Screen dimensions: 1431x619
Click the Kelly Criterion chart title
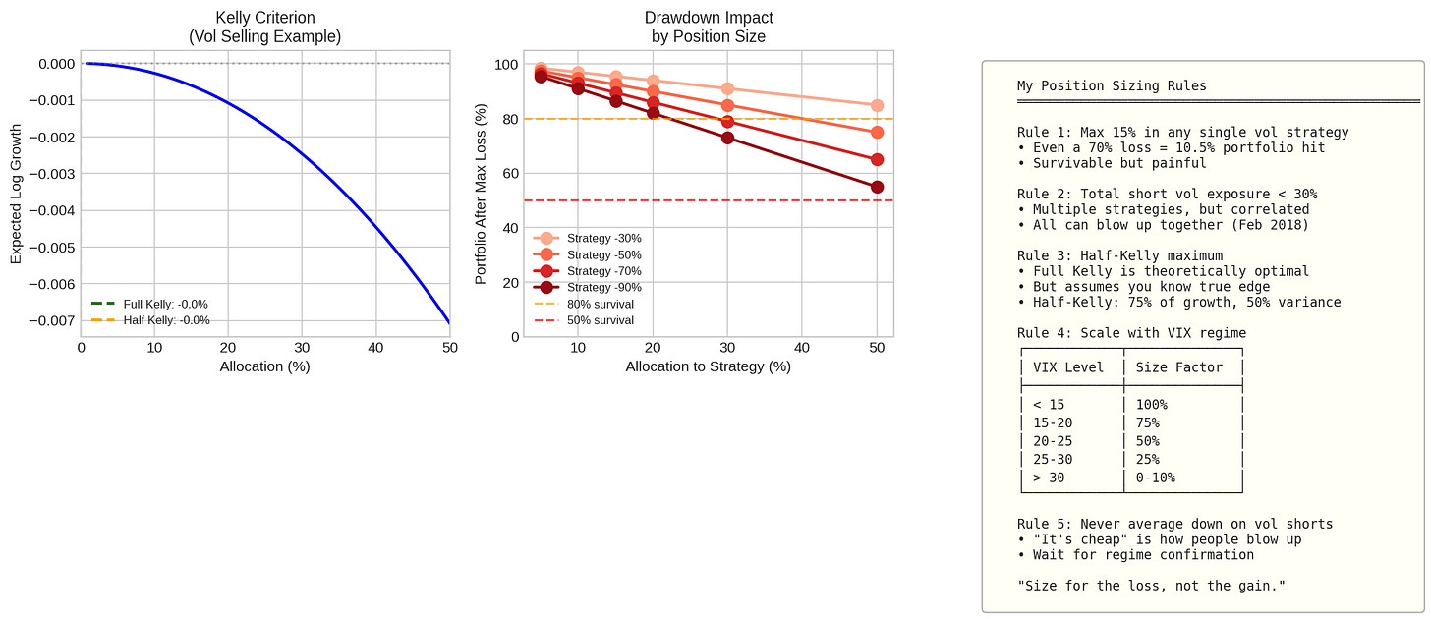click(264, 27)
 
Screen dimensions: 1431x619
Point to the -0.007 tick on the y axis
click(52, 320)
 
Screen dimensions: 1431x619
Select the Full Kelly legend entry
click(149, 304)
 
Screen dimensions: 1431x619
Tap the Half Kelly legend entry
click(150, 320)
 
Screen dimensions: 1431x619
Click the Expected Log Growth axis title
click(16, 194)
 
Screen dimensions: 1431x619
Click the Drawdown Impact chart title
click(709, 27)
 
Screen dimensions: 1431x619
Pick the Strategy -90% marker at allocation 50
click(877, 187)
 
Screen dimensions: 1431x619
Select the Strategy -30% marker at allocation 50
click(877, 105)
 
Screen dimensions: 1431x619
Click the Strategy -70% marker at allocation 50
click(877, 160)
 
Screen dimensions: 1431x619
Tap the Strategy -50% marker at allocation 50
click(877, 133)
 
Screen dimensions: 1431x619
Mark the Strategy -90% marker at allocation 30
click(727, 138)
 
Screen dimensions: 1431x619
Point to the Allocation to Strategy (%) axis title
click(708, 366)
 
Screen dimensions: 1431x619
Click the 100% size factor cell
click(1151, 405)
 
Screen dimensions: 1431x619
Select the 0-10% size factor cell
click(1155, 478)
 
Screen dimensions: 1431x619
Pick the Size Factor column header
click(1178, 367)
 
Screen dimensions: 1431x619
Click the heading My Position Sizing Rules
click(1112, 85)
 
